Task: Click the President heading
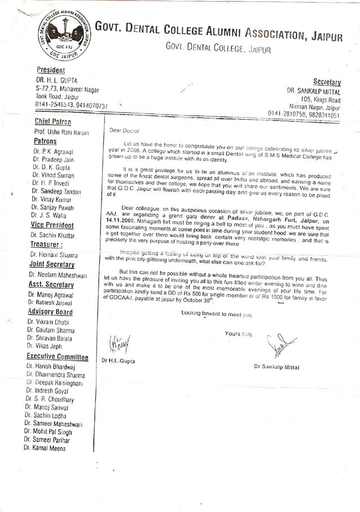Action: click(51, 70)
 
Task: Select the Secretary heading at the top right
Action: click(327, 82)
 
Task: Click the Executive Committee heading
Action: click(58, 357)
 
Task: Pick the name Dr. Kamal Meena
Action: click(45, 448)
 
